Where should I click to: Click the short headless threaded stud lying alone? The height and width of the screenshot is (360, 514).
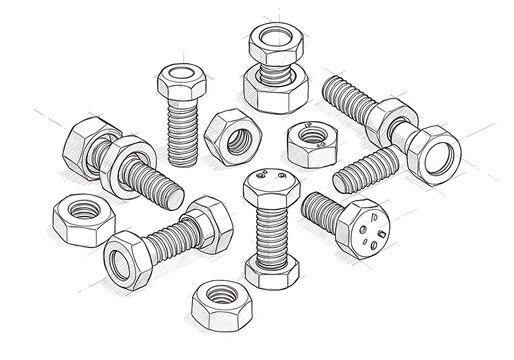(364, 170)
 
